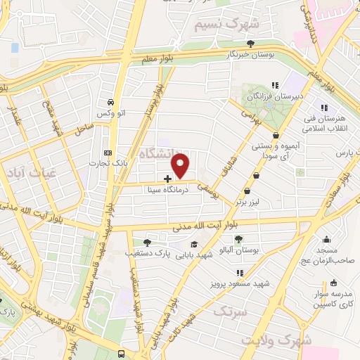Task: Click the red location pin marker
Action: click(181, 166)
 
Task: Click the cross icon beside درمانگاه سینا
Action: click(167, 179)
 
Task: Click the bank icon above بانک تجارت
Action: click(108, 153)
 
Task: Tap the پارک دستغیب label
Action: click(146, 250)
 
